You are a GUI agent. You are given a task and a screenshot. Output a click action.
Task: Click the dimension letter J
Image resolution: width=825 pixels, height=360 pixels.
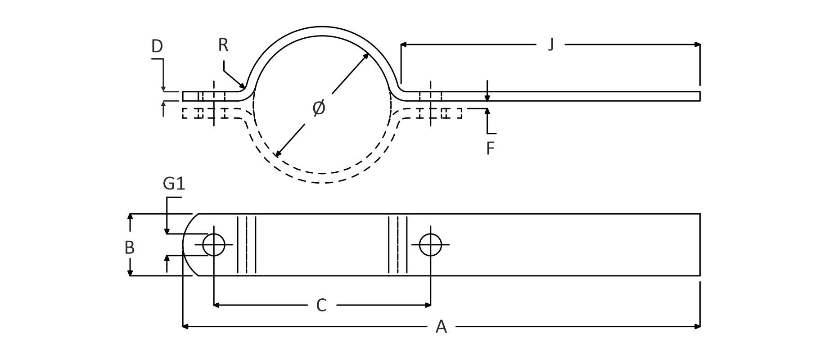point(550,45)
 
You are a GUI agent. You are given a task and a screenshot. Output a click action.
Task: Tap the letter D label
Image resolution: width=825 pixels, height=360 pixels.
point(157,46)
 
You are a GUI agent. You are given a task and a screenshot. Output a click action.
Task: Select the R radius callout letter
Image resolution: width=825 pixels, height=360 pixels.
point(223,45)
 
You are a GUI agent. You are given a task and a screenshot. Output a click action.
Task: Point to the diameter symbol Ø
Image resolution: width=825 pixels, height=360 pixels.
point(319,108)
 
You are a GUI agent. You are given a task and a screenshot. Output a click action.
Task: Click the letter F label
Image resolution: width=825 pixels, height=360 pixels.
point(491,148)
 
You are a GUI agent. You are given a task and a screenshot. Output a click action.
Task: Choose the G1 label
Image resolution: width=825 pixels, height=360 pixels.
point(174,184)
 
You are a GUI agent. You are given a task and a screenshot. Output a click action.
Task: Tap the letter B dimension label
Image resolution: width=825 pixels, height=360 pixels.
point(130,247)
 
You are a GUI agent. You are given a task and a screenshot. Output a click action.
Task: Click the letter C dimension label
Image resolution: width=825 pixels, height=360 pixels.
point(321,306)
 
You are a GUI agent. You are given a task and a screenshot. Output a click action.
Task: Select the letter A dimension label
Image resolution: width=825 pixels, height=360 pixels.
point(441,327)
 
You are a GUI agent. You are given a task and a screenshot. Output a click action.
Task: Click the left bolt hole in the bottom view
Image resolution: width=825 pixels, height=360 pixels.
point(214,245)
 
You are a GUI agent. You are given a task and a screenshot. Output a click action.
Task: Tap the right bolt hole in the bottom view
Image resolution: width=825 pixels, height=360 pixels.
point(430,245)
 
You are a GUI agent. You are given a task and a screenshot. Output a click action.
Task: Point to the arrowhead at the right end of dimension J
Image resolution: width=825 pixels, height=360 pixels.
point(697,45)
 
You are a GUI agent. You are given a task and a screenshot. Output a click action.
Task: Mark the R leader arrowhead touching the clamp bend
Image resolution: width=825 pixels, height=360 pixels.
point(243,85)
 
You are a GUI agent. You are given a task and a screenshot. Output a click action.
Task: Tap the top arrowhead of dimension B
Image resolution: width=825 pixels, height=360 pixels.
point(130,217)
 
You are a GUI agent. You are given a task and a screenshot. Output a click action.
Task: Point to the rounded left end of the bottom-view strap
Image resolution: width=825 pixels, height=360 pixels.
point(185,245)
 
